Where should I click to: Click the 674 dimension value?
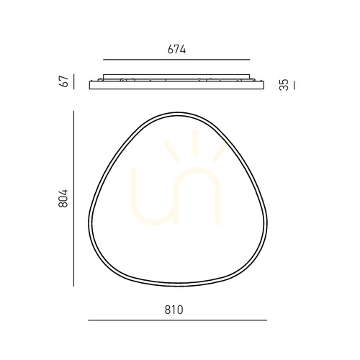(176, 50)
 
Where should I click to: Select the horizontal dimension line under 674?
(176, 60)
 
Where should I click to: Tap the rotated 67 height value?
(64, 81)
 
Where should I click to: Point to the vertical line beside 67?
(74, 81)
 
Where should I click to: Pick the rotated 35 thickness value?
(284, 85)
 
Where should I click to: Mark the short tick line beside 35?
(294, 86)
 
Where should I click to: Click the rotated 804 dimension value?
(63, 198)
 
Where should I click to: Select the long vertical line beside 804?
(73, 199)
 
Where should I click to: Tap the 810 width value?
(174, 310)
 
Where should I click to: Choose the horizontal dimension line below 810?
(178, 320)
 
